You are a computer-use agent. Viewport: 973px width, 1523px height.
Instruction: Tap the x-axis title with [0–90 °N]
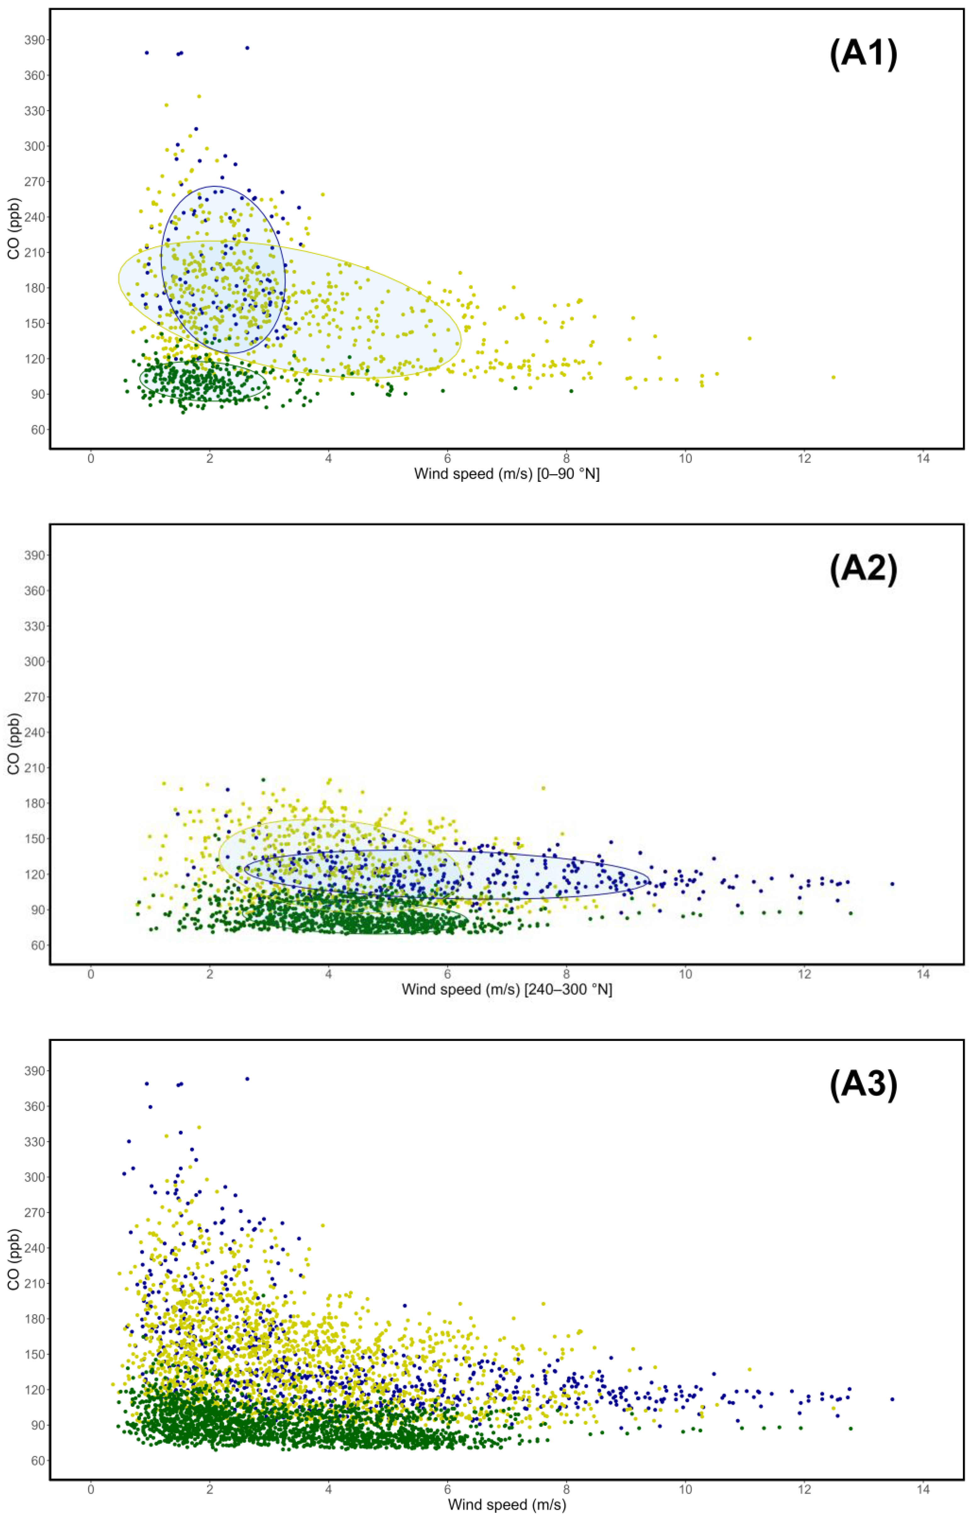507,474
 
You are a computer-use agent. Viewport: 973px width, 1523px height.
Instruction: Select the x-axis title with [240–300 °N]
507,989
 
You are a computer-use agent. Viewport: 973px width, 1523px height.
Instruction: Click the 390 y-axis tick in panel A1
35,40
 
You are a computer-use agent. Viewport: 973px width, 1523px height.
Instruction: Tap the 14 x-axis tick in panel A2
923,974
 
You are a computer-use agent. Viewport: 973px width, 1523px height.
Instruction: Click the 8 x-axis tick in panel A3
566,1489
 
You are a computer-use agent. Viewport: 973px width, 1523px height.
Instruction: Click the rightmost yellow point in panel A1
833,377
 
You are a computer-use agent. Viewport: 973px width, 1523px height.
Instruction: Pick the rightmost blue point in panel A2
892,884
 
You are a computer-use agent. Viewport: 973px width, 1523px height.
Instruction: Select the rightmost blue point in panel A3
892,1399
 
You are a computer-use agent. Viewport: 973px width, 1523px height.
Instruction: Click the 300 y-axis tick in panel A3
35,1177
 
